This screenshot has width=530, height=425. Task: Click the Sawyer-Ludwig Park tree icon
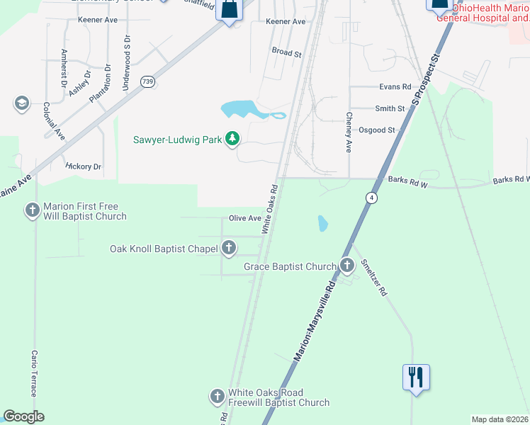coord(232,139)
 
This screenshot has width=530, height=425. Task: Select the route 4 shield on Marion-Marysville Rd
coord(371,197)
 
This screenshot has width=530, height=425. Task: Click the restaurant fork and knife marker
coord(416,376)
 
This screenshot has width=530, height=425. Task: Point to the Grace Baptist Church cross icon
coord(346,266)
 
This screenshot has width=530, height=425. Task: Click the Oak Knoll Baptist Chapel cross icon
coord(228,248)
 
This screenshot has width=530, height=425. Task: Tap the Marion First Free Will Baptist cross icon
coord(33,210)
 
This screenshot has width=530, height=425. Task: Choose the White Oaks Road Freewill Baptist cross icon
coord(218,397)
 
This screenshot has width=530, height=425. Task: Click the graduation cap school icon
coord(21,104)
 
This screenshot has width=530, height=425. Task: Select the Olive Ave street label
coord(245,218)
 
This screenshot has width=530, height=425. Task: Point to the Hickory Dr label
coord(84,166)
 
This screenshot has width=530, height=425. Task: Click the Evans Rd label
coord(395,87)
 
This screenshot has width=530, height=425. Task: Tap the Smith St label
coord(390,109)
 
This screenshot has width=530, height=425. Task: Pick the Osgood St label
coord(377,130)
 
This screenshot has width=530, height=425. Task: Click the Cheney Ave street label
coord(349,132)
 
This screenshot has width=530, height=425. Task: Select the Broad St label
coord(287,52)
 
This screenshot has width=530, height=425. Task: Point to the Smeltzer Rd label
coord(373,277)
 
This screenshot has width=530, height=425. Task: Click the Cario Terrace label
coord(33,373)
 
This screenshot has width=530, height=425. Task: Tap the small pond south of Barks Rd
coord(323,224)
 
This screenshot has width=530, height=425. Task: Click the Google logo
coord(23,416)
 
